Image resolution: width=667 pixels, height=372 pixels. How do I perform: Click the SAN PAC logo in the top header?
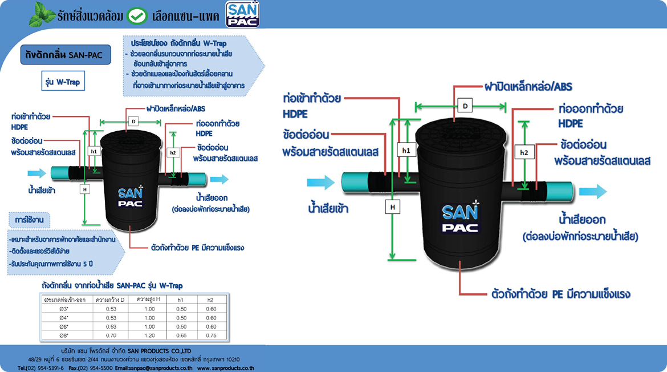(x=242, y=14)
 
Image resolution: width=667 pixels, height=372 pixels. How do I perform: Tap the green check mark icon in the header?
(x=137, y=15)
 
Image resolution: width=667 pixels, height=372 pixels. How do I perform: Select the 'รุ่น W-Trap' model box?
(x=63, y=82)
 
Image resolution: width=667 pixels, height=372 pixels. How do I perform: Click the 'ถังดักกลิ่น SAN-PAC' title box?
(x=62, y=55)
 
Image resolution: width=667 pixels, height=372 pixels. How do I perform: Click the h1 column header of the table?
(x=181, y=300)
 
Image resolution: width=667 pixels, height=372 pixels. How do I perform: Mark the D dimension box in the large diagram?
(x=465, y=106)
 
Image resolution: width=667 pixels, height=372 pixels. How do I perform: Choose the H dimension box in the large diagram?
(x=392, y=207)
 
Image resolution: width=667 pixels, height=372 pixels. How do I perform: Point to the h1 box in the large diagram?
(x=406, y=149)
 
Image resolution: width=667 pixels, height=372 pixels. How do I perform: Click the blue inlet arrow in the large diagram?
(x=320, y=183)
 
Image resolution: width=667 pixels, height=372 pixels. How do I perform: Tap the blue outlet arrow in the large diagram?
(x=593, y=191)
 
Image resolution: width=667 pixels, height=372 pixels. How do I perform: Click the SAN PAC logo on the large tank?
(x=462, y=220)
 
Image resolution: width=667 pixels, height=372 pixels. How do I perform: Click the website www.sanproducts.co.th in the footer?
(x=226, y=367)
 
